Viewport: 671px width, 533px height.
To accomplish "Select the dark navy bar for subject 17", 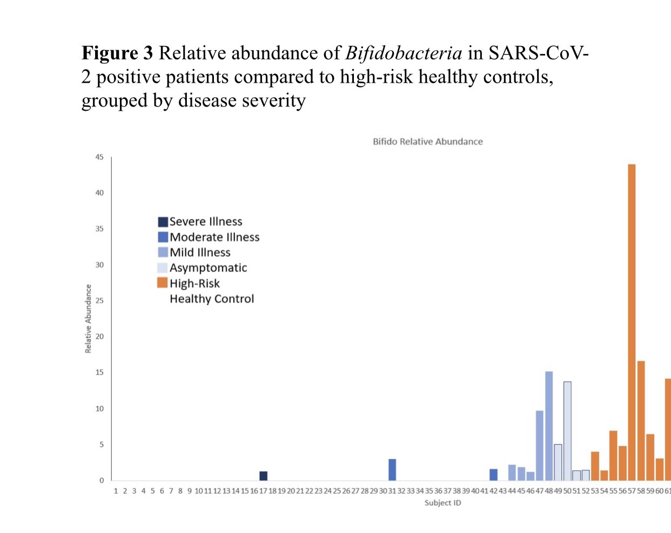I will pyautogui.click(x=263, y=476).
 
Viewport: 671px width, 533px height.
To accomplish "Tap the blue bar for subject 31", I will pyautogui.click(x=392, y=470).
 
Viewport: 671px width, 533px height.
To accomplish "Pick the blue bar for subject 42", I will pyautogui.click(x=493, y=475).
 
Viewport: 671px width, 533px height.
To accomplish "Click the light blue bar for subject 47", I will pyautogui.click(x=540, y=445).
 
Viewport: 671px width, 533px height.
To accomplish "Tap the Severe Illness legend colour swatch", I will pyautogui.click(x=163, y=222).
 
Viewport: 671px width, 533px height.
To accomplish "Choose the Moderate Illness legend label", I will pyautogui.click(x=214, y=237).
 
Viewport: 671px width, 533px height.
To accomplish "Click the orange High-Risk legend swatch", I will pyautogui.click(x=162, y=283).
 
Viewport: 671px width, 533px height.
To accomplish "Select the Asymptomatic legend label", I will pyautogui.click(x=208, y=268).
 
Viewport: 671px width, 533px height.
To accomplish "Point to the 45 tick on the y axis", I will pyautogui.click(x=99, y=157).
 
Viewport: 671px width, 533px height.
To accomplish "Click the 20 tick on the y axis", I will pyautogui.click(x=99, y=336).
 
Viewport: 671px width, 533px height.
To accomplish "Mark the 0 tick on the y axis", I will pyautogui.click(x=102, y=480).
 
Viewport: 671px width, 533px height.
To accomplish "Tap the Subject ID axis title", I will pyautogui.click(x=442, y=503).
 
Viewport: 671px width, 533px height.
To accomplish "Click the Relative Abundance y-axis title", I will pyautogui.click(x=88, y=319).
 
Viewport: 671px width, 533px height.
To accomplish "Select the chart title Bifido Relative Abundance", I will pyautogui.click(x=427, y=142).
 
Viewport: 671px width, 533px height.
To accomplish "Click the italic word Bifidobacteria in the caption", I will pyautogui.click(x=404, y=53).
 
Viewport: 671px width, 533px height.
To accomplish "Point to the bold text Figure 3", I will pyautogui.click(x=117, y=53).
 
